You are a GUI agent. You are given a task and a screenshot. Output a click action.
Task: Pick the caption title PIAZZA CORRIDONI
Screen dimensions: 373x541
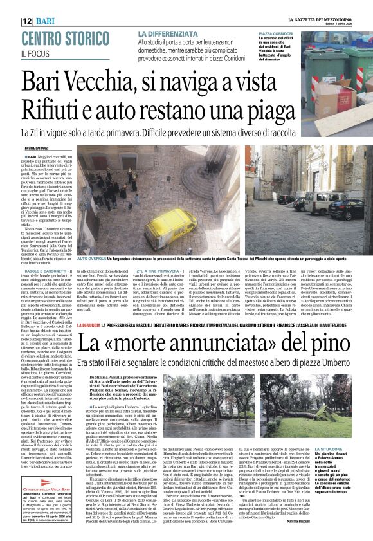click(277, 33)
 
